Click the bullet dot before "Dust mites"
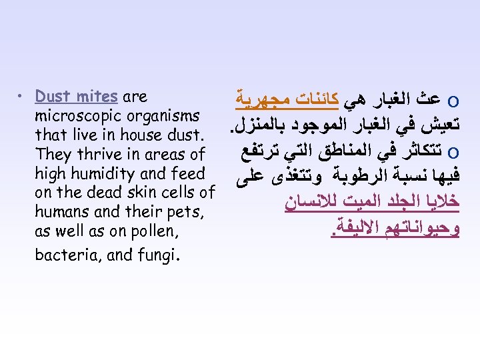[23, 97]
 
